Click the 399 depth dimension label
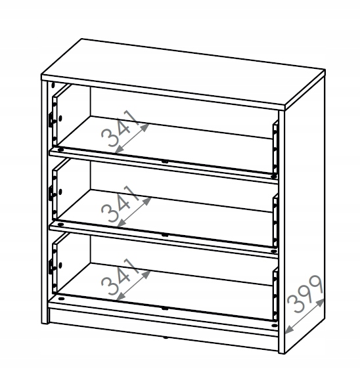pos(305,293)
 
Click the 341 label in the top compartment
pos(120,128)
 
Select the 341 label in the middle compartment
pos(120,204)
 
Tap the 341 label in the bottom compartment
pos(120,276)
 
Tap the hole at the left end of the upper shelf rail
pos(60,150)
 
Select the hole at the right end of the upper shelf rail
pos(273,177)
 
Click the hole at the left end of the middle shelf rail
pos(60,225)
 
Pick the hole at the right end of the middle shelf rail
pos(273,251)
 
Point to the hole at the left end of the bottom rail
pos(60,299)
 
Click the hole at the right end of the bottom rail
pos(273,325)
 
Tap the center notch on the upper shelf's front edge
pos(165,162)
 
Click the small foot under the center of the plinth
pos(164,337)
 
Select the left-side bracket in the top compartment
pos(51,119)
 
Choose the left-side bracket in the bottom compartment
pos(51,267)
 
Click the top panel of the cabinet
pos(183,74)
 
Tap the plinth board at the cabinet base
pos(164,329)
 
